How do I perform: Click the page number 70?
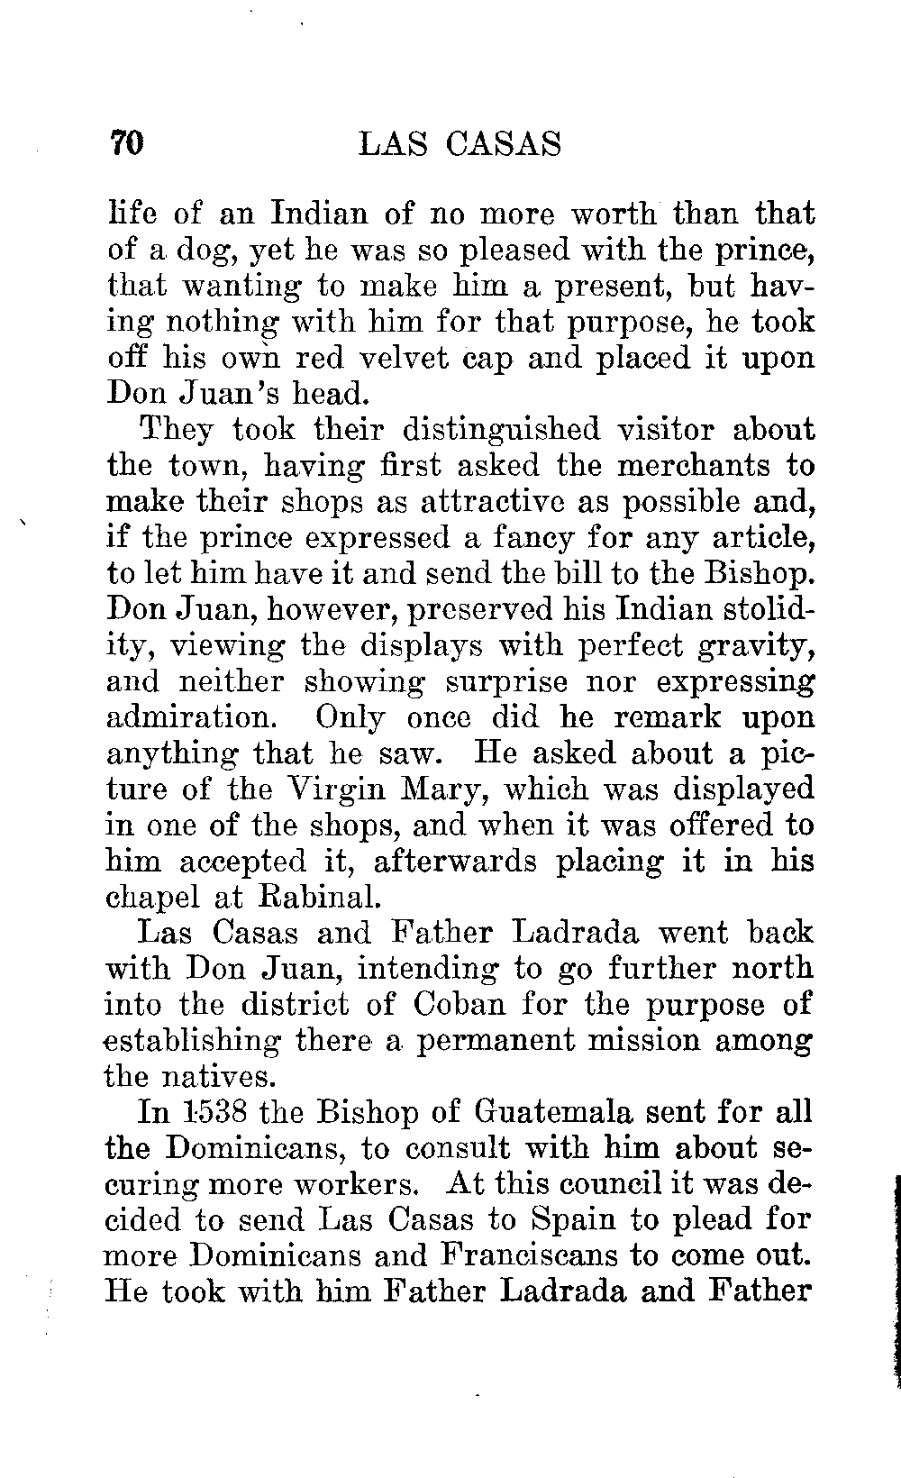pyautogui.click(x=126, y=144)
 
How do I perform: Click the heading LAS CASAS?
pyautogui.click(x=460, y=144)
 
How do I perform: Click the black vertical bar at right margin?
pyautogui.click(x=896, y=1280)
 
